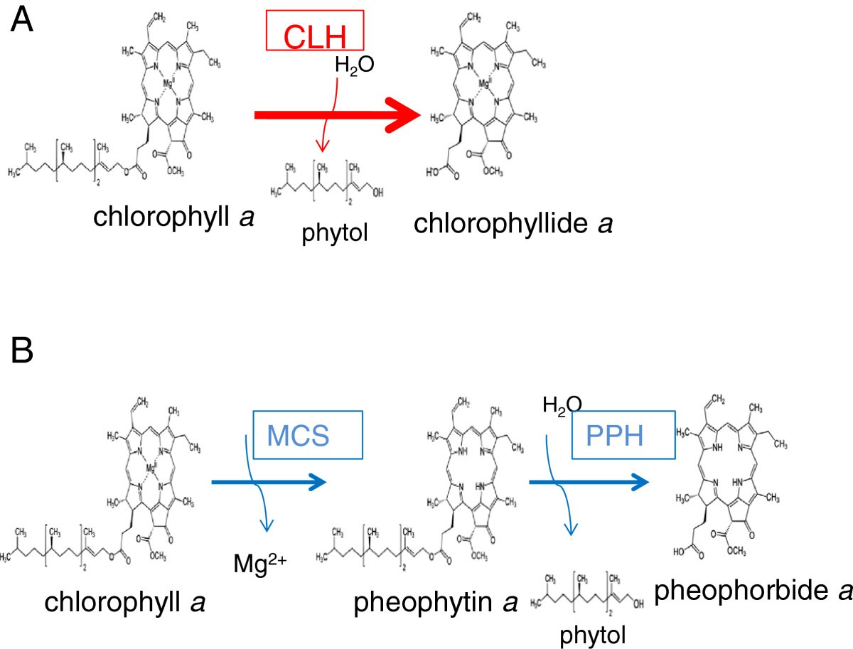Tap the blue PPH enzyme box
[622, 435]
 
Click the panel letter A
[21, 21]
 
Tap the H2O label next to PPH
[562, 405]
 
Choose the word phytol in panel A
[330, 232]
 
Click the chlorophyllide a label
[513, 222]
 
